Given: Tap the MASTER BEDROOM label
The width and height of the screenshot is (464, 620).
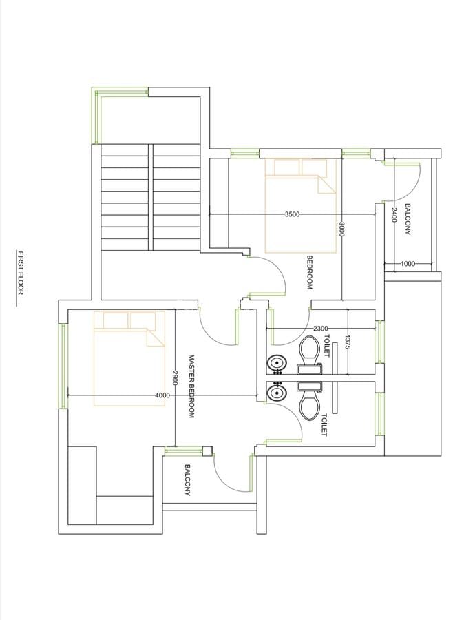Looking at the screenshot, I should [x=192, y=386].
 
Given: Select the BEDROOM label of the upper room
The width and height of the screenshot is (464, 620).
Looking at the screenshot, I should [x=310, y=272].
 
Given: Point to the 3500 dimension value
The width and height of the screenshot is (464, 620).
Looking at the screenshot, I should [x=292, y=214].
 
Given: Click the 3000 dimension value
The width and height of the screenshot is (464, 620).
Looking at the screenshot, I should [x=341, y=229].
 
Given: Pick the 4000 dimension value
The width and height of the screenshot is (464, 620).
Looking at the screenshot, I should [x=162, y=395].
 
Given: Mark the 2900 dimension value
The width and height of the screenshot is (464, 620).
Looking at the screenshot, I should [x=176, y=377].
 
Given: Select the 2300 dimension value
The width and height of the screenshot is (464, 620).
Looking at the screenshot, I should [x=320, y=329].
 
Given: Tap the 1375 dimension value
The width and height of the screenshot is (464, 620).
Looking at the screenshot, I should [x=348, y=342].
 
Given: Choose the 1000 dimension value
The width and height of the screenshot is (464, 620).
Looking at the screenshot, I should [x=408, y=263].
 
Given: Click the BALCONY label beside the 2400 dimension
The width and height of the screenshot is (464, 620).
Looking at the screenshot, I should [x=408, y=219].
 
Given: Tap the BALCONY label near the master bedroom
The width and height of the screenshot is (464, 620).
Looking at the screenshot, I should [x=187, y=481].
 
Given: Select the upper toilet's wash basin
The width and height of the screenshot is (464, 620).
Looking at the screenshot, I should [x=277, y=362].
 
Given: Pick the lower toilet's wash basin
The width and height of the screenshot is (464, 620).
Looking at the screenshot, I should [x=277, y=393].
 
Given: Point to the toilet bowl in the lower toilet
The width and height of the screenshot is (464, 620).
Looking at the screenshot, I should [x=309, y=405].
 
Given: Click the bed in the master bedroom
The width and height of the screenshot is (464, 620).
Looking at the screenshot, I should [x=130, y=358].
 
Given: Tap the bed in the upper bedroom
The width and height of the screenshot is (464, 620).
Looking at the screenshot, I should [x=301, y=205].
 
